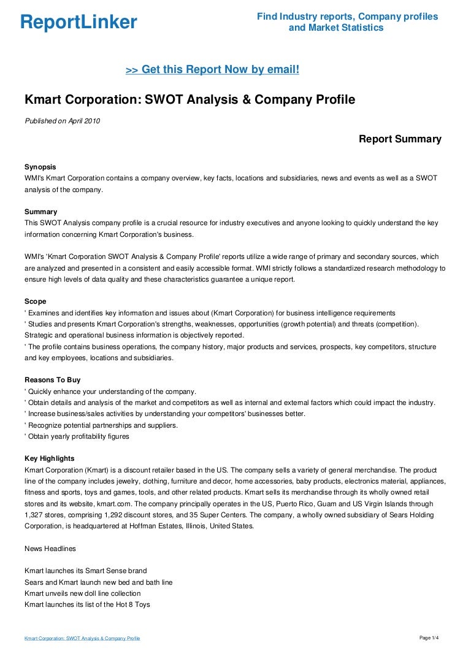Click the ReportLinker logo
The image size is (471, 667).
pyautogui.click(x=78, y=22)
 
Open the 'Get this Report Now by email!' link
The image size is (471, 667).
pyautogui.click(x=212, y=70)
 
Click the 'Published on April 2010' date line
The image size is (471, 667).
pyautogui.click(x=62, y=121)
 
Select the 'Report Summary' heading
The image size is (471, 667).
pyautogui.click(x=400, y=139)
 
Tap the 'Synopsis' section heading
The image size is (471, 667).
pyautogui.click(x=40, y=166)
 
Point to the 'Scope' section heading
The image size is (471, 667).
pyautogui.click(x=36, y=301)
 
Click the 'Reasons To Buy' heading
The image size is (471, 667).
pyautogui.click(x=53, y=380)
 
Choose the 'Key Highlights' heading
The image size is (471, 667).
pyautogui.click(x=50, y=458)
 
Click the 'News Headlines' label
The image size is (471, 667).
pyautogui.click(x=50, y=548)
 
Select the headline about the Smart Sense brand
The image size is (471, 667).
pyautogui.click(x=86, y=571)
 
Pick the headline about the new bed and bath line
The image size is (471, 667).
pyautogui.click(x=98, y=582)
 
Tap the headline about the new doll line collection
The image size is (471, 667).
pyautogui.click(x=83, y=593)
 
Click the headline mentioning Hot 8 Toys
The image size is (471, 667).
pyautogui.click(x=87, y=604)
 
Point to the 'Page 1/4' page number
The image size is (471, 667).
pyautogui.click(x=429, y=638)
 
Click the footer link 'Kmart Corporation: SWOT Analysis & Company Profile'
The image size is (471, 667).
pyautogui.click(x=82, y=639)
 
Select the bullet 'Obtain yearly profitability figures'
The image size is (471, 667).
pyautogui.click(x=78, y=436)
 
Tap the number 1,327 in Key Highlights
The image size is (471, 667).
pyautogui.click(x=36, y=504)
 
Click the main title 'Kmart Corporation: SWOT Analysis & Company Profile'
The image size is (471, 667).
pyautogui.click(x=190, y=99)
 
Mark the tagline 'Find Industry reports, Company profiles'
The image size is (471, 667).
pyautogui.click(x=347, y=17)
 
